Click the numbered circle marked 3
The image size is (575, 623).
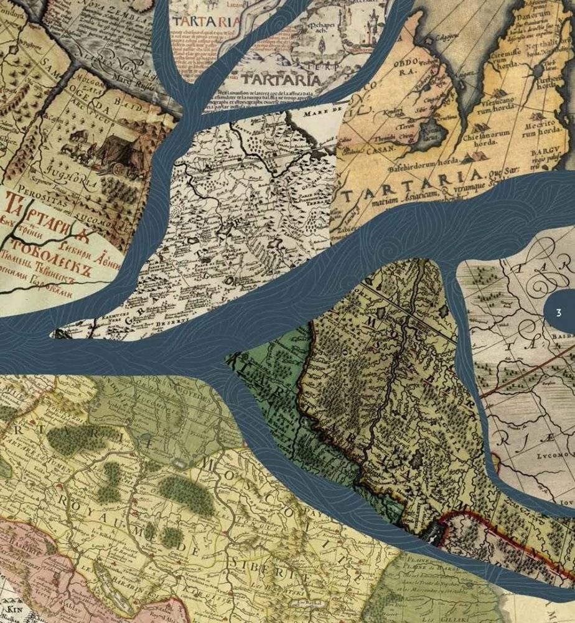(558, 312)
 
